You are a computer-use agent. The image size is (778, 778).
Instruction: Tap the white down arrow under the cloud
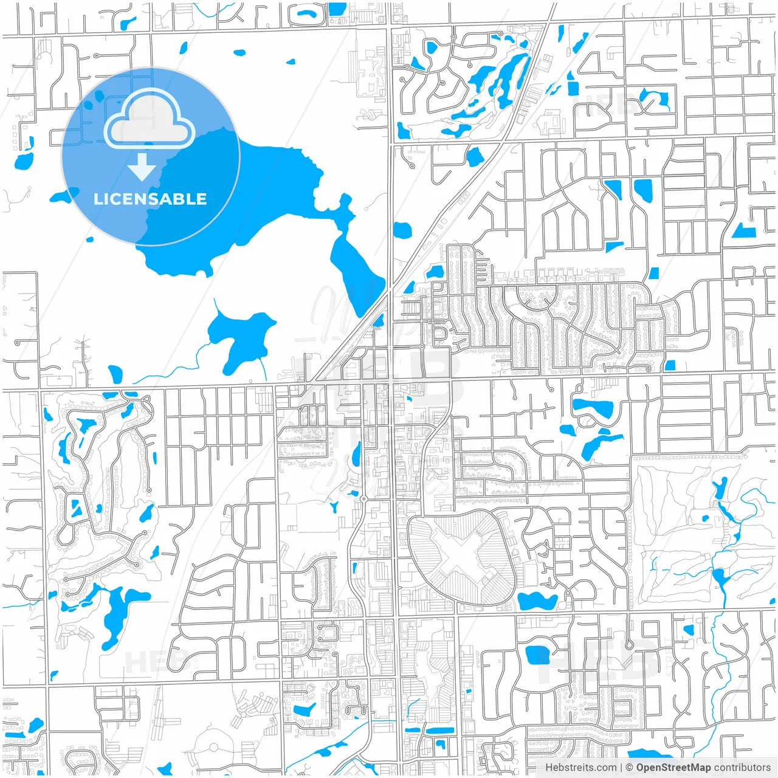click(x=142, y=167)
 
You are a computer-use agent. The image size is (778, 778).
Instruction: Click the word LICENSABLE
click(x=150, y=199)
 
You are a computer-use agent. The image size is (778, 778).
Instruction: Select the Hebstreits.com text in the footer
click(x=580, y=768)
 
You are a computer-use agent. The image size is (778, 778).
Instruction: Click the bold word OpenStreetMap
click(x=673, y=768)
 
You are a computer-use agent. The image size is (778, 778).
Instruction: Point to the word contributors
click(x=742, y=768)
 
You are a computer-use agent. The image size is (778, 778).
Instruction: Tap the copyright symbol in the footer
click(x=630, y=768)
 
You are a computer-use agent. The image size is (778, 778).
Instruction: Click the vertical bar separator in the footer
click(x=621, y=768)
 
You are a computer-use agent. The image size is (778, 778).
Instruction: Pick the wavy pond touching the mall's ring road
click(x=537, y=601)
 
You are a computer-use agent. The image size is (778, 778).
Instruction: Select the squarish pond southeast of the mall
click(x=537, y=655)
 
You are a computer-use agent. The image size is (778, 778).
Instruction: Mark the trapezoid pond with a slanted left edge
click(x=744, y=231)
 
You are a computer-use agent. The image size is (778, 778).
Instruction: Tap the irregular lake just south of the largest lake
click(x=240, y=337)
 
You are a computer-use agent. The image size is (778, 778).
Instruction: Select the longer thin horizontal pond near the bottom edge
click(x=439, y=730)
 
